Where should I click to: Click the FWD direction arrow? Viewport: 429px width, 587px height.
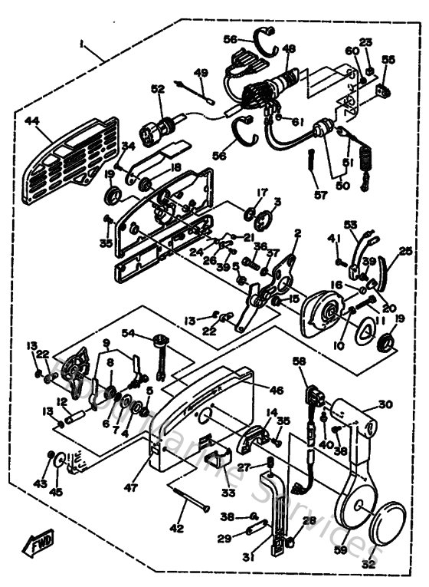click(x=40, y=546)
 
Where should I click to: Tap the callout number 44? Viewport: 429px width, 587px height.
click(x=31, y=122)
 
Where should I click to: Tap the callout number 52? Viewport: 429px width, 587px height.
click(x=158, y=90)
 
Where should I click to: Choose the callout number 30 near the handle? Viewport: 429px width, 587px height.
click(x=385, y=404)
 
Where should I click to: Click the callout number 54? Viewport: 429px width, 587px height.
click(x=127, y=334)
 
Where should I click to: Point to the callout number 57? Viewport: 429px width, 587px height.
click(x=320, y=196)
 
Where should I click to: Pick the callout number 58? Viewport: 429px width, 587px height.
click(x=298, y=361)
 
